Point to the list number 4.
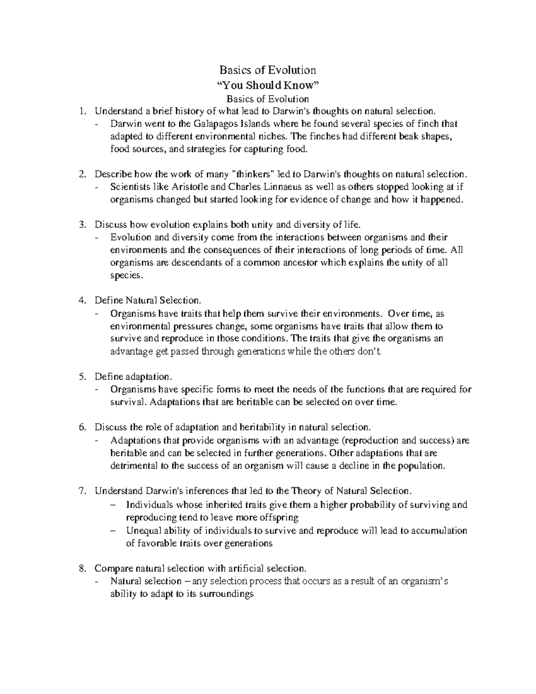click(x=82, y=300)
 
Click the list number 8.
click(x=82, y=569)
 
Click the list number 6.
click(x=82, y=428)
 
